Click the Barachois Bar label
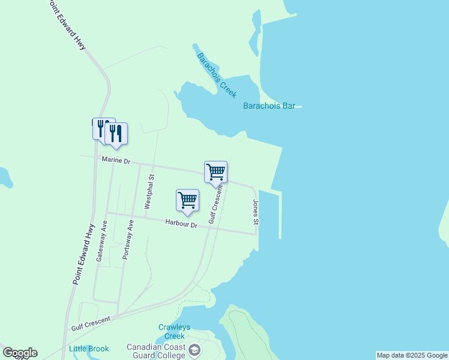269,106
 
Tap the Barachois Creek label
217,76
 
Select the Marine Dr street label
116,160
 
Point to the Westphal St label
150,191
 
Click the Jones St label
256,212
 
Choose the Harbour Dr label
181,224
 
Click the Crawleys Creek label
174,331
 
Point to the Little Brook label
89,349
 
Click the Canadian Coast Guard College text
156,351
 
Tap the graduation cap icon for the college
194,350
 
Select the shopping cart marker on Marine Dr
215,172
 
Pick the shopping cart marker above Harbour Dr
187,200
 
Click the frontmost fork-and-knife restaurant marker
116,134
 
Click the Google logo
20,353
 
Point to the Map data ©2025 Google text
412,355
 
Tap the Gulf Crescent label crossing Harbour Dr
215,205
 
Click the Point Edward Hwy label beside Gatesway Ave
85,253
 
